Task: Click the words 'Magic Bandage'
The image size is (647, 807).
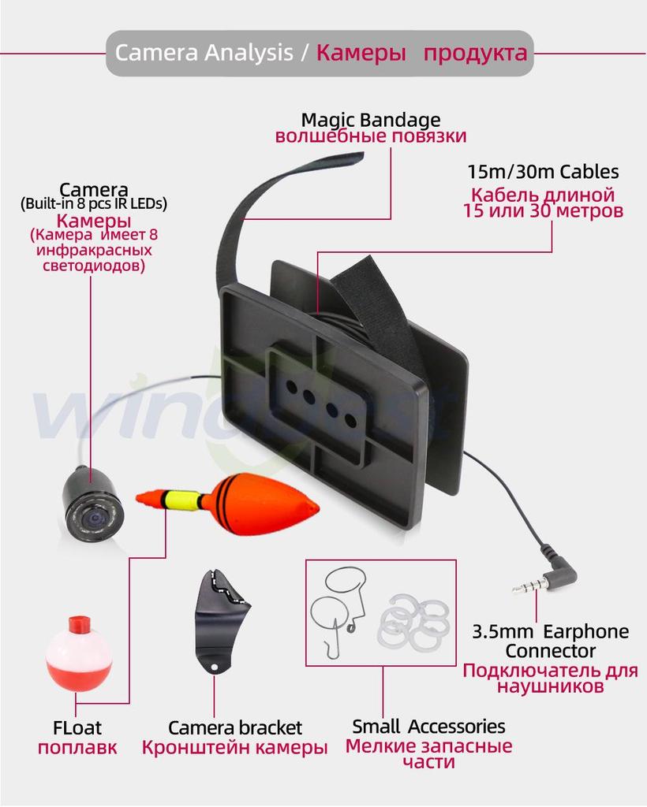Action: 370,120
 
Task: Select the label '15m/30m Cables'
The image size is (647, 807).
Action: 543,171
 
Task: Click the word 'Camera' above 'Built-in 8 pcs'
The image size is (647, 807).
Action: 94,189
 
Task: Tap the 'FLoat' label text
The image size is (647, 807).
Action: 77,727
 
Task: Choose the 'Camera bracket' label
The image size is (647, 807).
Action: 235,727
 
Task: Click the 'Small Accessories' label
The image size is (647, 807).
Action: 428,726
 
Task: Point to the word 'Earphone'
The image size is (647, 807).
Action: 585,631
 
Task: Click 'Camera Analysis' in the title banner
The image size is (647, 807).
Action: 204,53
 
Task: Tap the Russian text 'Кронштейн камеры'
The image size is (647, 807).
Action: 234,747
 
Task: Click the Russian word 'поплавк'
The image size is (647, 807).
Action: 77,748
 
